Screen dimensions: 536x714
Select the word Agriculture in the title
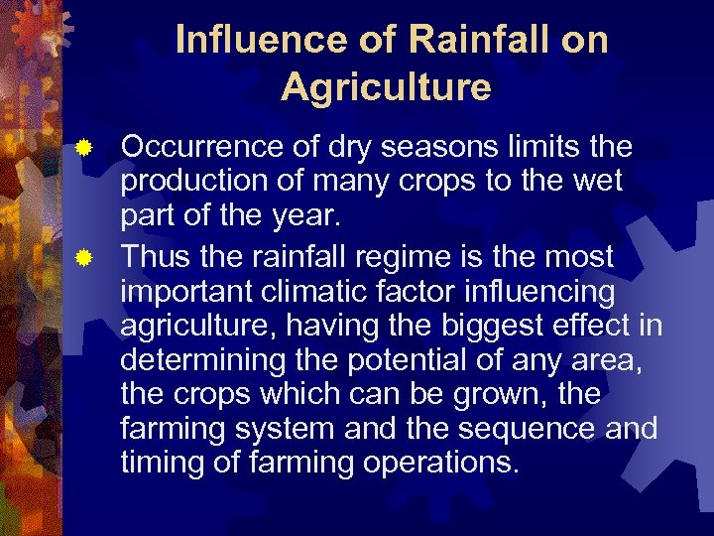tap(386, 87)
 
